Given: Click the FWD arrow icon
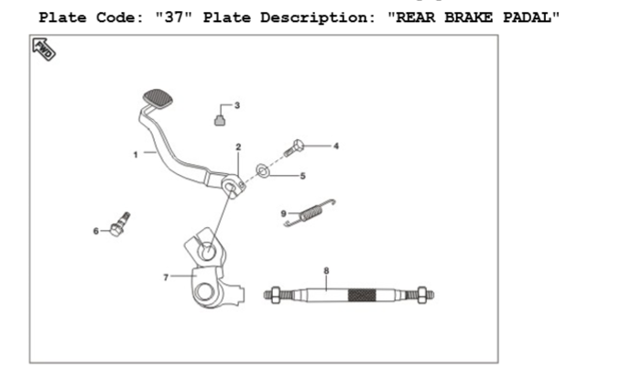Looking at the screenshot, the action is (44, 49).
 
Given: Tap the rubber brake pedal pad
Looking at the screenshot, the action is (158, 99).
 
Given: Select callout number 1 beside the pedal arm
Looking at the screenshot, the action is (136, 155).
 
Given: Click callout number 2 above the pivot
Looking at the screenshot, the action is (238, 147).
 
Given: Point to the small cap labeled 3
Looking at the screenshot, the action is (220, 120).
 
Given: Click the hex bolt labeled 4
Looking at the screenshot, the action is (293, 148).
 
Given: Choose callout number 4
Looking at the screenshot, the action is (336, 147).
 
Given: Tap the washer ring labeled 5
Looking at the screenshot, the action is (262, 170).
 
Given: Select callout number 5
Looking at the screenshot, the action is (303, 176).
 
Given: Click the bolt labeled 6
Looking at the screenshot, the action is (120, 224).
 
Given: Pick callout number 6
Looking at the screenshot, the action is (95, 231).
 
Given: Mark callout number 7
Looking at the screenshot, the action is (166, 277).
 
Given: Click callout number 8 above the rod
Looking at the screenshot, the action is (326, 271).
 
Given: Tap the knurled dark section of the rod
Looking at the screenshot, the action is (362, 296).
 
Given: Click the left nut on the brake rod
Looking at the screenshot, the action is (276, 296).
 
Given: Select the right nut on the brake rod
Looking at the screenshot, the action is (422, 296).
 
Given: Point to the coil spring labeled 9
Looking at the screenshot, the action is (310, 213).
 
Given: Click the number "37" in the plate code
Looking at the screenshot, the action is (174, 17).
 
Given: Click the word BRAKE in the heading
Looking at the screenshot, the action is (468, 17).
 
